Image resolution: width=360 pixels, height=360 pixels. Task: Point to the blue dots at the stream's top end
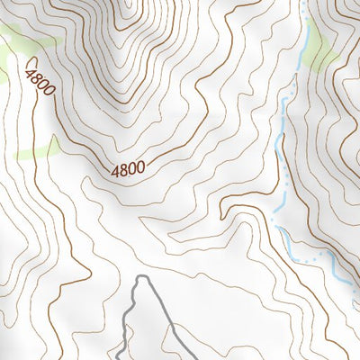click(x=304, y=7)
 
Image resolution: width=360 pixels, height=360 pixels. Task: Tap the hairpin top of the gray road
click(x=142, y=280)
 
